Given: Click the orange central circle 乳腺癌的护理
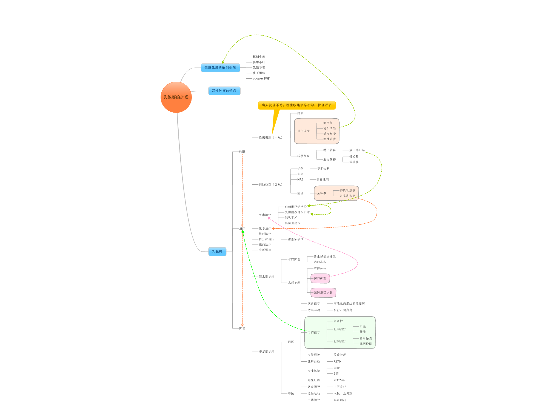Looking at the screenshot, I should click(x=176, y=97).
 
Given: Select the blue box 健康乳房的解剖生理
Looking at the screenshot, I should click(x=220, y=68).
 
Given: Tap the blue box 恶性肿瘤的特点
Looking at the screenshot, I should click(x=224, y=91).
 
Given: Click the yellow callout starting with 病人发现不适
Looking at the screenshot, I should click(x=296, y=105).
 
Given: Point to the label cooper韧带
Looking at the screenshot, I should click(x=261, y=78).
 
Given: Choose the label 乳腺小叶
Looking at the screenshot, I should click(x=259, y=62).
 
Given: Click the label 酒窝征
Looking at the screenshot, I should click(x=328, y=123).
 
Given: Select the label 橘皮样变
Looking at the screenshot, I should click(x=329, y=134).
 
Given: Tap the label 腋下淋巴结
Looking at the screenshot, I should click(x=357, y=150).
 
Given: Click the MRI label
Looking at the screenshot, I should click(x=300, y=179).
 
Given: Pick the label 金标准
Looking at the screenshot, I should click(x=322, y=193).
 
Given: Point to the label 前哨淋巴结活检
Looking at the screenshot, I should click(x=296, y=207).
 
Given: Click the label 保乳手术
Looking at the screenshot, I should click(x=291, y=218).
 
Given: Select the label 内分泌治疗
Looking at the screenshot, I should click(x=266, y=239).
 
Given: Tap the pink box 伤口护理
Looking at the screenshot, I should click(x=320, y=278).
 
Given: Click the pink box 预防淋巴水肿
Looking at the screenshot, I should click(x=323, y=293).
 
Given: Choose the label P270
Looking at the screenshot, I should click(x=337, y=362).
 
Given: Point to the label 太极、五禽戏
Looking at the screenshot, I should click(x=343, y=393).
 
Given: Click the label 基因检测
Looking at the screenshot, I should click(x=366, y=344).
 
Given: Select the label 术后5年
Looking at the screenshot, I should click(x=339, y=380).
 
